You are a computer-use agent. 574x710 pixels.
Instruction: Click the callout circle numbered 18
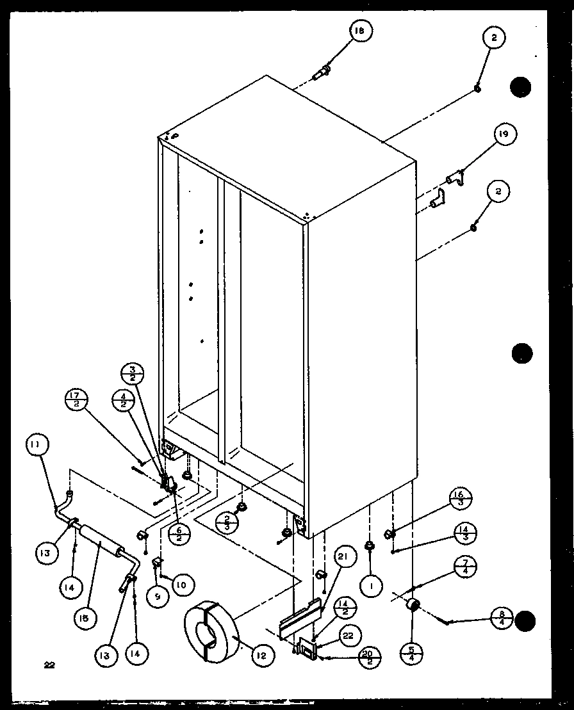[361, 31]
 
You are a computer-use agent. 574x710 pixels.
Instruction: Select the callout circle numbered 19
[504, 135]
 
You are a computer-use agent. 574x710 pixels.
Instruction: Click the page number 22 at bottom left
[49, 665]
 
